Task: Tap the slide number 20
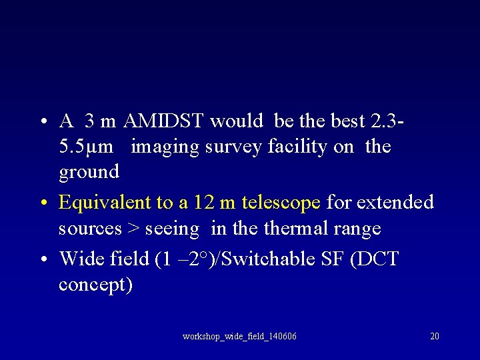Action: tap(435, 336)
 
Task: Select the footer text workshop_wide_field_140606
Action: tap(239, 336)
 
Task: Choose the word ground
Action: tap(89, 172)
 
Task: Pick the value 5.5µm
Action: tap(84, 147)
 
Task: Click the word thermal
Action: tap(298, 229)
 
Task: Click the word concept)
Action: tap(96, 285)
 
